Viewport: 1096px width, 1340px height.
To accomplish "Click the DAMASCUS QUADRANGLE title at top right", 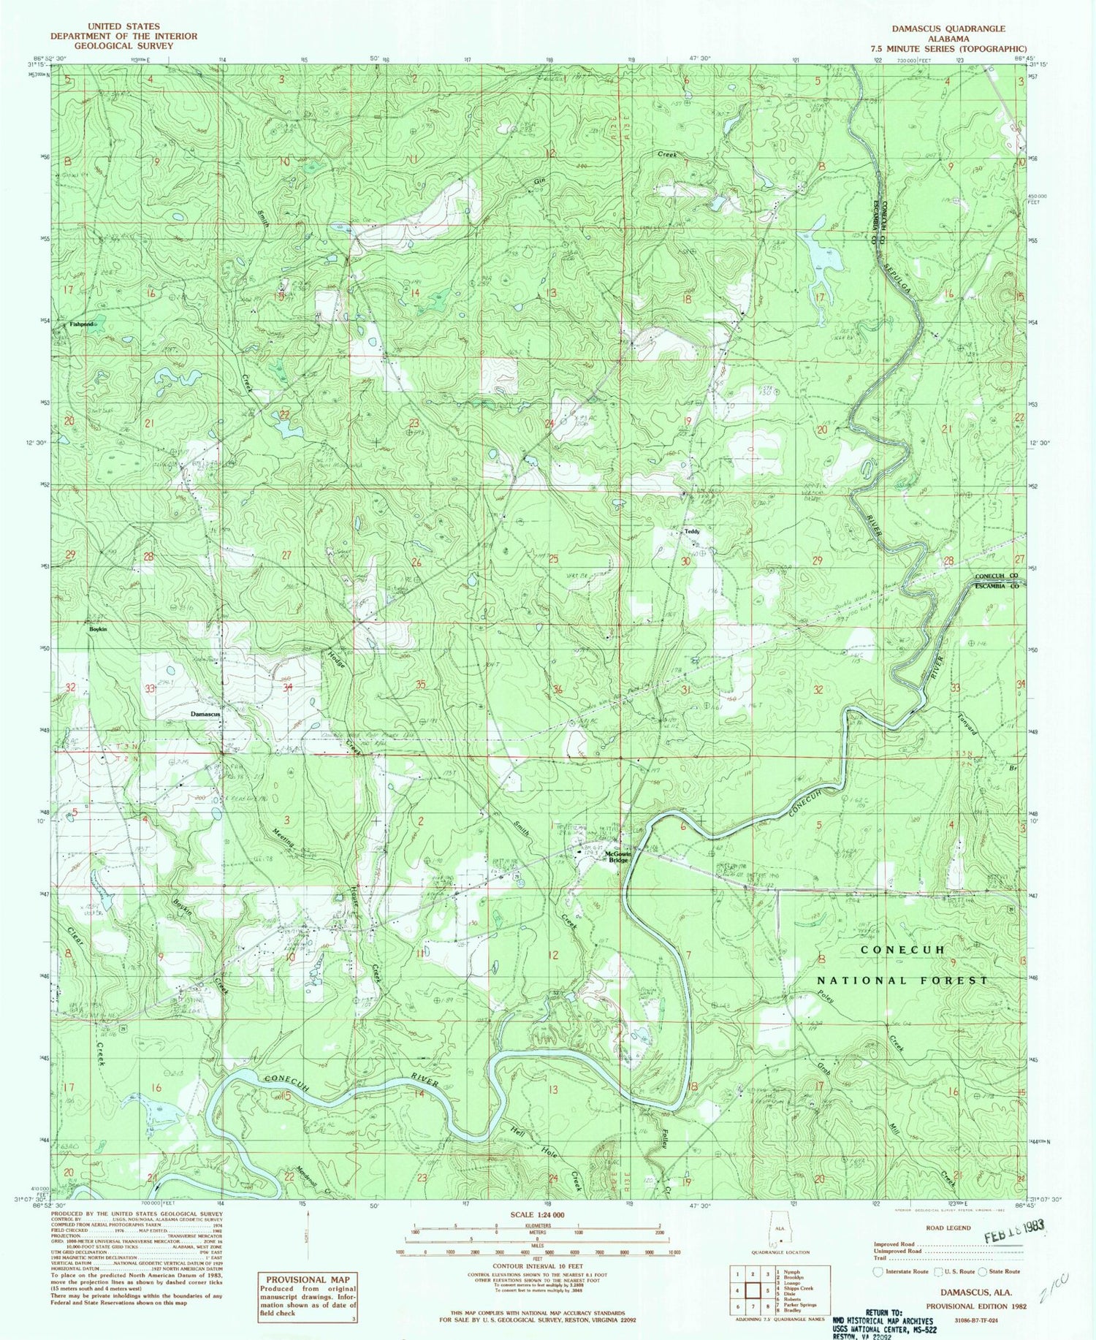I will click(x=948, y=28).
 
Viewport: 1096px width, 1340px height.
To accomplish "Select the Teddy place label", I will click(x=691, y=532).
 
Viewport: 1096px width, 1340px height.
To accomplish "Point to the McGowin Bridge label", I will click(x=618, y=857).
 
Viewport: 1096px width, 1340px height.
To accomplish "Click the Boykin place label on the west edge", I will click(x=98, y=629).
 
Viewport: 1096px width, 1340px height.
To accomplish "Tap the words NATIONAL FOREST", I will click(x=902, y=981).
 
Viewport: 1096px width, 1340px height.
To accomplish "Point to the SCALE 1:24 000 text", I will click(x=537, y=1214).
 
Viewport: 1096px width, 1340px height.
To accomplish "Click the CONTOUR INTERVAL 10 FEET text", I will click(x=536, y=1265).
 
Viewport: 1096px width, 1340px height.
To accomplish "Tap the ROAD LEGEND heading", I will click(x=948, y=1228).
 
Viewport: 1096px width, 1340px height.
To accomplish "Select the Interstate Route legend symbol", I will click(x=878, y=1271).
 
